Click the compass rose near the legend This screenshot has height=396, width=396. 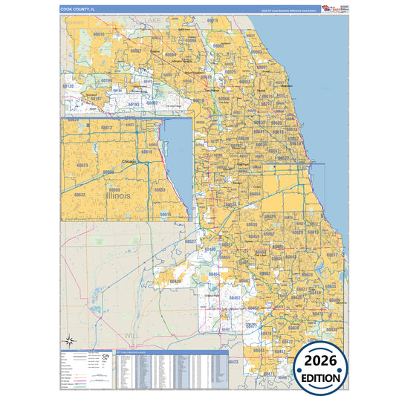click(x=69, y=342)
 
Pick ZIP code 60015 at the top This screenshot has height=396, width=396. click(x=213, y=20)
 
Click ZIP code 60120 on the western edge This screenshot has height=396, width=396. click(x=68, y=86)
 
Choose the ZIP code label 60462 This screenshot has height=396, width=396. click(x=235, y=297)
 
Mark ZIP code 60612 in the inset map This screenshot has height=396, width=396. click(x=107, y=128)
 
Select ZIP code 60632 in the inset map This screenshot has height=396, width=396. click(x=79, y=195)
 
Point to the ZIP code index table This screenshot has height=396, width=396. click(x=172, y=367)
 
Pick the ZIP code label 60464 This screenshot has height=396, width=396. click(x=214, y=274)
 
